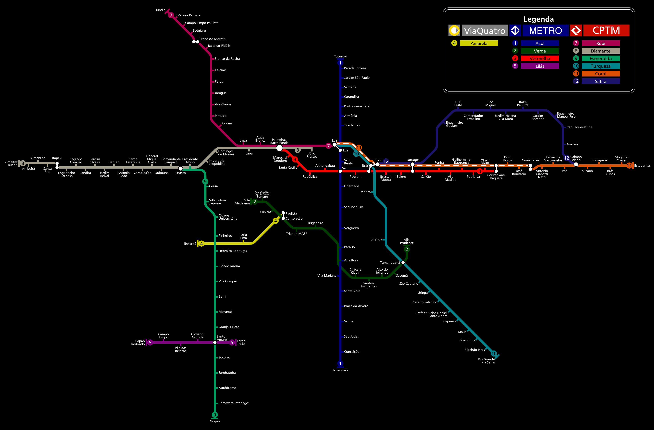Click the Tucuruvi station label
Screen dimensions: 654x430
coord(340,56)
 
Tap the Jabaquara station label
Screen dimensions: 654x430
coord(340,370)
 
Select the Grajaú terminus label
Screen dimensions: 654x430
coord(215,421)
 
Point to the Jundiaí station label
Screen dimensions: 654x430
coord(161,10)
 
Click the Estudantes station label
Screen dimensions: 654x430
coord(642,166)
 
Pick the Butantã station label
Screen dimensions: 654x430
coord(190,244)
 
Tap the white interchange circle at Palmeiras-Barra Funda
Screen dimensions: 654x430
coord(279,148)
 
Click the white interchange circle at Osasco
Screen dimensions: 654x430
coord(181,169)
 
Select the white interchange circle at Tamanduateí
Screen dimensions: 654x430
coord(403,263)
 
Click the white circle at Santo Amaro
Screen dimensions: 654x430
coord(215,342)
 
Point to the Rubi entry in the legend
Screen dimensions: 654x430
coord(601,43)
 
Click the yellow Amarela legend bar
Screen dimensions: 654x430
coord(479,43)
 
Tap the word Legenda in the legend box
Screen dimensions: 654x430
coord(539,19)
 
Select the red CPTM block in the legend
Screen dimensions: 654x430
coord(606,30)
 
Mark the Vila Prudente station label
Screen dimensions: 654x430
coord(407,241)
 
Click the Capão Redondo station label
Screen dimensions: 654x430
coord(138,342)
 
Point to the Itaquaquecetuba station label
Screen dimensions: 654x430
coord(579,127)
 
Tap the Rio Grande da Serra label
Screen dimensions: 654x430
coord(486,361)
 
